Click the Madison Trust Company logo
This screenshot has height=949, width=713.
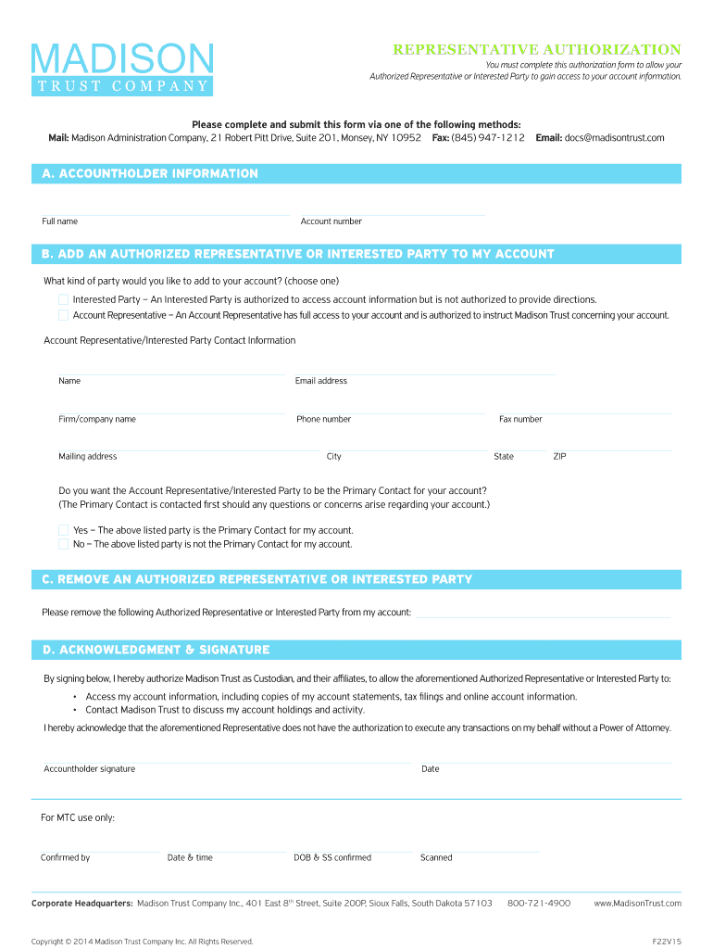point(122,69)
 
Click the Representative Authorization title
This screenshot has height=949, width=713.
point(537,49)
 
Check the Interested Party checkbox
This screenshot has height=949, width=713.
point(63,299)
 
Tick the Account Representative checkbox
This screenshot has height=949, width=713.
point(63,315)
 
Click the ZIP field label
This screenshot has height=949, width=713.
point(559,457)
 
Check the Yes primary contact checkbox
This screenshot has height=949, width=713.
point(63,530)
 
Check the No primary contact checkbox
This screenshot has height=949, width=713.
point(63,544)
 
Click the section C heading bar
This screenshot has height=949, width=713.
point(356,579)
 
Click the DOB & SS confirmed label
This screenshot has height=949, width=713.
point(332,858)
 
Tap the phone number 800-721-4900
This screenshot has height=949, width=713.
point(539,903)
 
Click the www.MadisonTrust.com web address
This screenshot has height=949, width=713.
point(637,903)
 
